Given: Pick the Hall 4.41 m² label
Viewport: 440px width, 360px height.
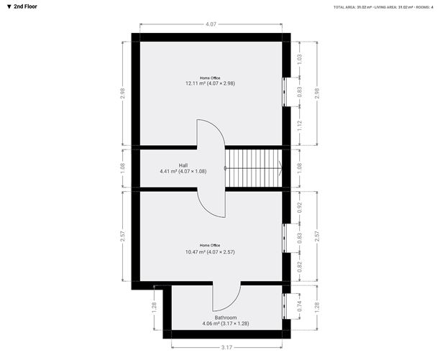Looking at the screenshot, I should (x=183, y=169).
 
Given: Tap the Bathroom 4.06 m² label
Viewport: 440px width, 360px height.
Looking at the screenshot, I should (x=225, y=320).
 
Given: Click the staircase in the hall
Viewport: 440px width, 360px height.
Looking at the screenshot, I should (x=252, y=168).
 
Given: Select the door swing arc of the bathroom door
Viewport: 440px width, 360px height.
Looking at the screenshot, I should (x=228, y=297).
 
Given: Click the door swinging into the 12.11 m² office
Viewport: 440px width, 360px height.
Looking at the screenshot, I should (x=213, y=132).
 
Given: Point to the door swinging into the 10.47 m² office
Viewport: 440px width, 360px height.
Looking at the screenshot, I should (x=213, y=204).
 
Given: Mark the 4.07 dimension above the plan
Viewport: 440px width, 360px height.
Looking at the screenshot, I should (x=211, y=24).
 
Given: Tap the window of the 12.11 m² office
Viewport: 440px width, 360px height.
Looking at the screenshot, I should (x=285, y=91).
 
